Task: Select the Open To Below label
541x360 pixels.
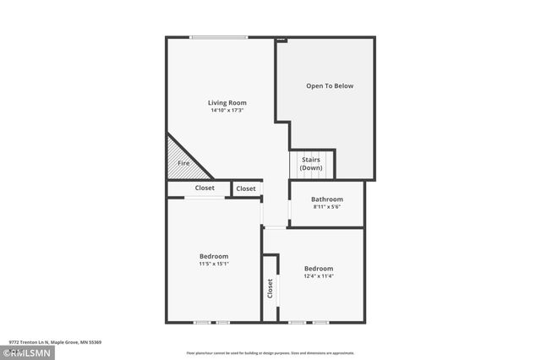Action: pyautogui.click(x=330, y=86)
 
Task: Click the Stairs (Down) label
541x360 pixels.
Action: pyautogui.click(x=311, y=162)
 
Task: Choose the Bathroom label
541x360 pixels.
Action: pyautogui.click(x=327, y=199)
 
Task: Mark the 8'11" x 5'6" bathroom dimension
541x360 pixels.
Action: pyautogui.click(x=327, y=207)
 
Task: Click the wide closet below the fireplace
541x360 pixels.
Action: pyautogui.click(x=205, y=188)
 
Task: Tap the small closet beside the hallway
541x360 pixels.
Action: pyautogui.click(x=246, y=188)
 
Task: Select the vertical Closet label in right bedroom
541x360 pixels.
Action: pyautogui.click(x=270, y=289)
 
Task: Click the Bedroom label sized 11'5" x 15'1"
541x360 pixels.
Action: pyautogui.click(x=214, y=256)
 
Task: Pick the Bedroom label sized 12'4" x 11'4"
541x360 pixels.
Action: pyautogui.click(x=319, y=269)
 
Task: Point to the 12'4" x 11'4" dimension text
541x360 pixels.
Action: pyautogui.click(x=319, y=276)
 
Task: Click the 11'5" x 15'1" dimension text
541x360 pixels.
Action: pyautogui.click(x=214, y=264)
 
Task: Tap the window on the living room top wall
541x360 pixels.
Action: pyautogui.click(x=219, y=37)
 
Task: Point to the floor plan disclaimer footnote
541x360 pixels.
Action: pyautogui.click(x=270, y=353)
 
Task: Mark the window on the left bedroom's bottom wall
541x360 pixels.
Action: pyautogui.click(x=212, y=322)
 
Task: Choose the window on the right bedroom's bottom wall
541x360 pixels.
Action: pyautogui.click(x=309, y=322)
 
